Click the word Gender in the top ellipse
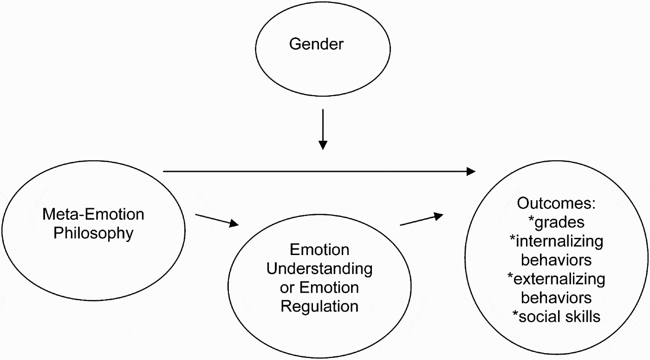coord(316,44)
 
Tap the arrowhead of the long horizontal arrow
coord(471,171)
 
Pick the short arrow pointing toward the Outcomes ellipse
coord(421,220)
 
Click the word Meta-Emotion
coord(93,214)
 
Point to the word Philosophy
coord(93,233)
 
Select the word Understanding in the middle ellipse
coord(319,268)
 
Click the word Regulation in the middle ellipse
coord(319,306)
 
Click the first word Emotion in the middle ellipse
coord(319,249)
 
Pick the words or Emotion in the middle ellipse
coord(319,288)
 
